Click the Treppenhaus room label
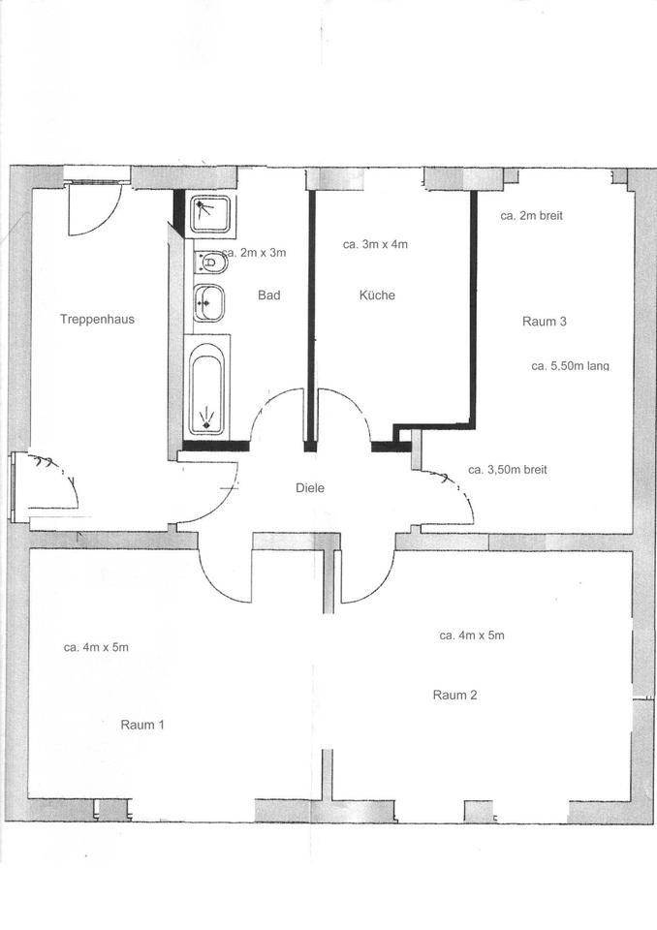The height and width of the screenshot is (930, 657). [97, 319]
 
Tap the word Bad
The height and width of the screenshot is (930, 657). [268, 295]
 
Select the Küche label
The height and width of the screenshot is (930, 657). [377, 295]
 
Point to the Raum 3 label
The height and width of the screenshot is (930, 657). [545, 322]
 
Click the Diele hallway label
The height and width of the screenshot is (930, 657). [310, 488]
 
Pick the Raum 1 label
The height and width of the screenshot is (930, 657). [142, 724]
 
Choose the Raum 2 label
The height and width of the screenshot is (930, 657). [454, 695]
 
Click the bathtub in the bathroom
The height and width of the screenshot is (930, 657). [206, 388]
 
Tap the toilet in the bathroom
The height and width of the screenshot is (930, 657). [209, 262]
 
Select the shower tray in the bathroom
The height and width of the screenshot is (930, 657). [209, 215]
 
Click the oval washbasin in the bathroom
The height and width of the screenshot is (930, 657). [207, 303]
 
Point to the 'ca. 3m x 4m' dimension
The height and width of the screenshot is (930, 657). [375, 245]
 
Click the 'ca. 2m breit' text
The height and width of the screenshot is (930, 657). [531, 216]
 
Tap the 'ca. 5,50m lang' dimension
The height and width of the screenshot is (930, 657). [571, 366]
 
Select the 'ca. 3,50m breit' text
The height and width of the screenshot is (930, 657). [508, 469]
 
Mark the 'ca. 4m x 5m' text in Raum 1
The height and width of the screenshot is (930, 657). [96, 647]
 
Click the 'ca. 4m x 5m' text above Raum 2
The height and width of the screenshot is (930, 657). [472, 635]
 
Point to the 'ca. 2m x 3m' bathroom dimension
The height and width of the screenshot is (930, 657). [256, 253]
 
